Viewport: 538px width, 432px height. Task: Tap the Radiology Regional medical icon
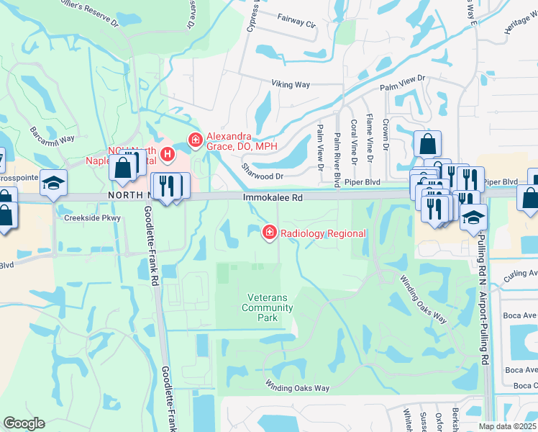click(270, 232)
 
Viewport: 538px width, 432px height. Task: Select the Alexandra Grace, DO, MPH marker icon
click(193, 140)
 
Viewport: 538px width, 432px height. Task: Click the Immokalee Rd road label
click(273, 195)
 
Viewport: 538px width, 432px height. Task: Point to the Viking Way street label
click(291, 84)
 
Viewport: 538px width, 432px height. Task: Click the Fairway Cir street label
click(297, 24)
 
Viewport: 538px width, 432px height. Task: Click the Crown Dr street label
click(386, 135)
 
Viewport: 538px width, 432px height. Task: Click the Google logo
click(24, 423)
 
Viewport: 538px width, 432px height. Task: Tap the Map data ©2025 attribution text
click(507, 426)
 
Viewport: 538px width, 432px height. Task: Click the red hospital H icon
click(168, 153)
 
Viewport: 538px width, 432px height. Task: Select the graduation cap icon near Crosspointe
click(53, 183)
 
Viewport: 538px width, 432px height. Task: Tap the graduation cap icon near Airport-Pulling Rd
click(473, 216)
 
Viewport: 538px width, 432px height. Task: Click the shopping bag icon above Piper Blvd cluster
click(428, 144)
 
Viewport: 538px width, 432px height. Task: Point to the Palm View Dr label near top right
click(403, 78)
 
